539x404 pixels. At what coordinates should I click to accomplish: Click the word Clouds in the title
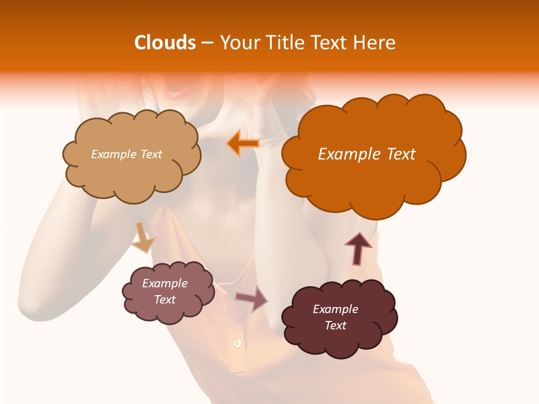pos(165,43)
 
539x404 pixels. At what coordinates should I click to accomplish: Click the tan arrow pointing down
pos(143,237)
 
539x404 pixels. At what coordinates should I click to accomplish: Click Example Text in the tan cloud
pos(126,154)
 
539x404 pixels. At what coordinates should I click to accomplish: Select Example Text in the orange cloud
pos(367,154)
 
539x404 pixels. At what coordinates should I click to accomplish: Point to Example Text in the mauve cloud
pos(165,291)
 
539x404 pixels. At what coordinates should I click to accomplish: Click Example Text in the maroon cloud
pos(335,317)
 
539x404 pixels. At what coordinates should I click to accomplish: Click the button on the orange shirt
pos(237,342)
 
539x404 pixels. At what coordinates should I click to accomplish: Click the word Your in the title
pos(237,43)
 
